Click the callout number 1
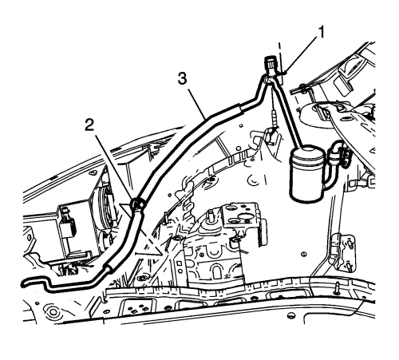322,33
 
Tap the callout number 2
89,125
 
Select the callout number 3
183,79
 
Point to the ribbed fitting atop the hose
270,65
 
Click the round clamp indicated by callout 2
137,204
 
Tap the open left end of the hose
22,283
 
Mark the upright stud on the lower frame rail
338,288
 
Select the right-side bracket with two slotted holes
346,252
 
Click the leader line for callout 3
197,104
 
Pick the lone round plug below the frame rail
290,316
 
